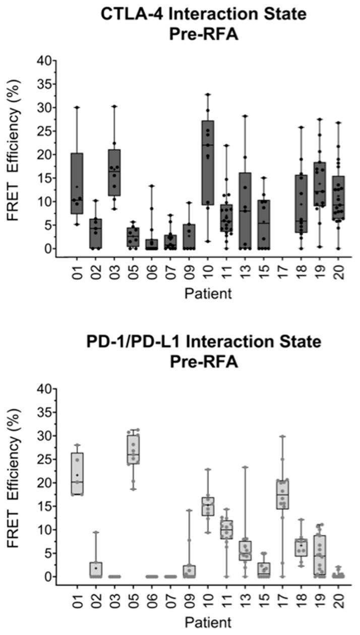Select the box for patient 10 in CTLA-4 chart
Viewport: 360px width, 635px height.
pyautogui.click(x=208, y=162)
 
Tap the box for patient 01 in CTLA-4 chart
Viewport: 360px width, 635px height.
pyautogui.click(x=77, y=183)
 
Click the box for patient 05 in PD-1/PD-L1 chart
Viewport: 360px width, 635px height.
pyautogui.click(x=133, y=450)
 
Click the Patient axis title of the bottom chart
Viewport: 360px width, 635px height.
pyautogui.click(x=208, y=622)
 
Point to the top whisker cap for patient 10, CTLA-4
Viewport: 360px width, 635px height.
pyautogui.click(x=208, y=94)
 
